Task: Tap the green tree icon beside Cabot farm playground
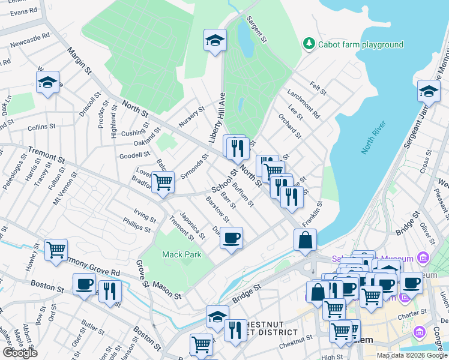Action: (309, 44)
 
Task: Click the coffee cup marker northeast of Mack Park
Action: (231, 238)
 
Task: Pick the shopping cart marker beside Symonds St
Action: (163, 182)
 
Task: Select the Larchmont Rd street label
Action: (303, 105)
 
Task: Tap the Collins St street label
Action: (41, 127)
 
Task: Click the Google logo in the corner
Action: (20, 353)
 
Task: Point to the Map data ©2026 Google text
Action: (411, 355)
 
